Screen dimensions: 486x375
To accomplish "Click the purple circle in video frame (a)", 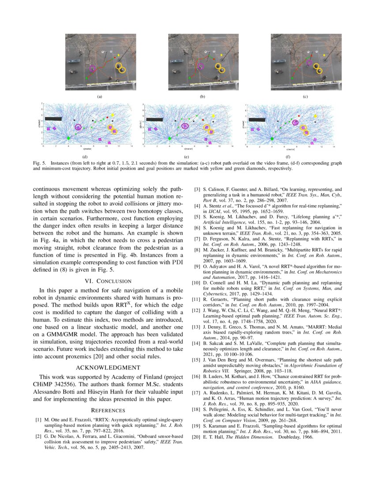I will click(x=93, y=68).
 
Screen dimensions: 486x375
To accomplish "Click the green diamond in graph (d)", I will click(x=68, y=138).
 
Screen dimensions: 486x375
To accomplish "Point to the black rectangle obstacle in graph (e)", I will click(x=154, y=119).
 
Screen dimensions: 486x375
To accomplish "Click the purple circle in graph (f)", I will click(x=295, y=123).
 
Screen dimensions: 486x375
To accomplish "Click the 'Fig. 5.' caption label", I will click(x=41, y=163).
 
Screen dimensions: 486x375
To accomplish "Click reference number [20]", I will click(x=197, y=437).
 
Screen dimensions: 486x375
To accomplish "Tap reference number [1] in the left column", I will click(x=38, y=418).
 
